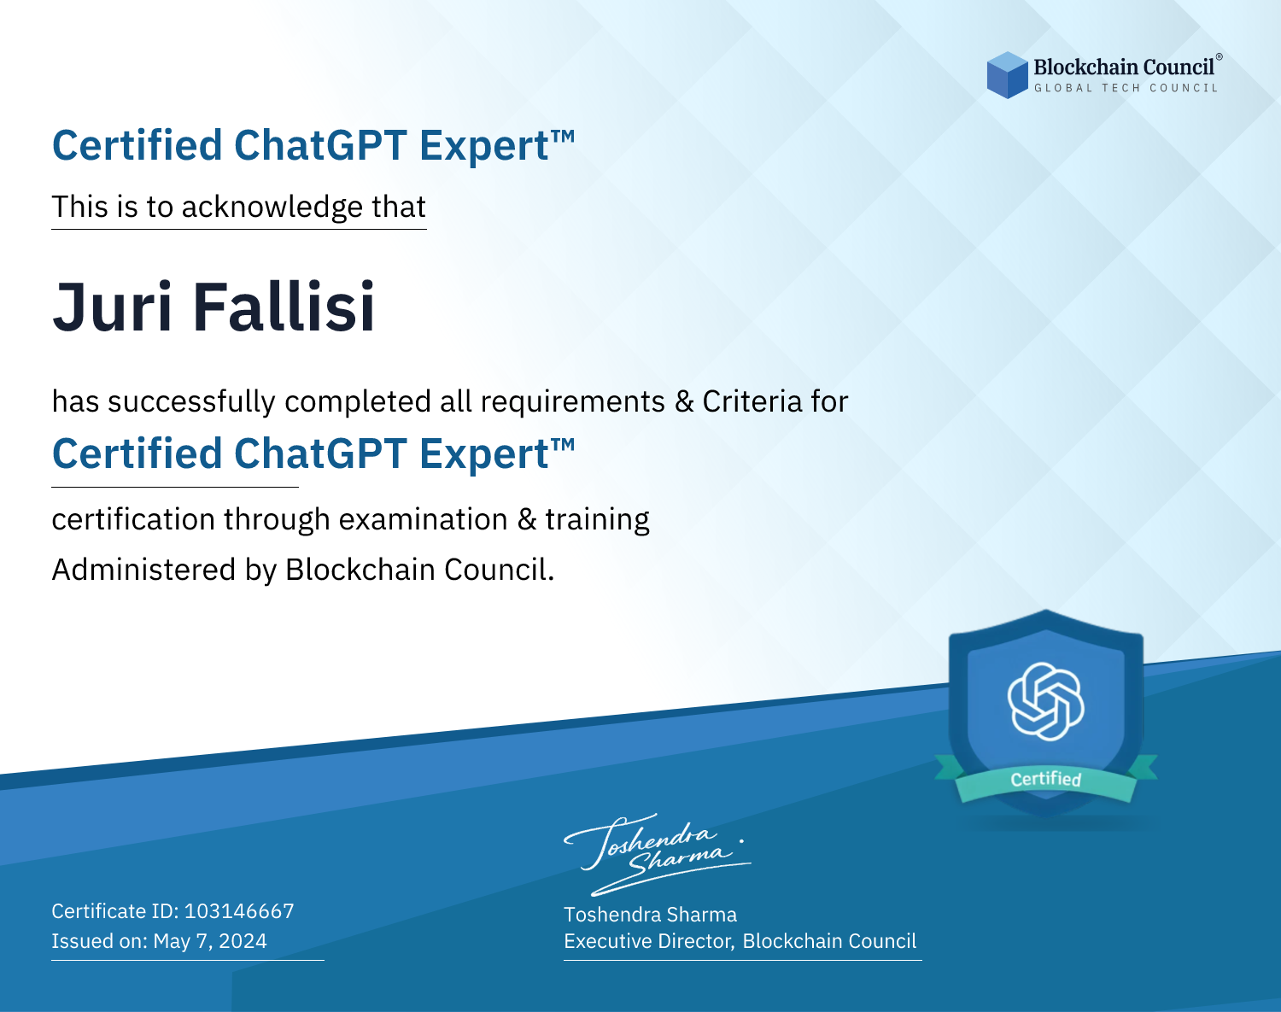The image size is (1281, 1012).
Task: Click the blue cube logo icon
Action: [1007, 75]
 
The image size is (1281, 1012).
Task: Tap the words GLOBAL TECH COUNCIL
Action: [1126, 88]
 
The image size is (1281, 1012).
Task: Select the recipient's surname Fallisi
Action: [284, 307]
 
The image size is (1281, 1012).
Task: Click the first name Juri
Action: [113, 307]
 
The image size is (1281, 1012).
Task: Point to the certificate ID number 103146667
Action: [239, 910]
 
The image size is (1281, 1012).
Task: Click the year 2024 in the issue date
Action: [243, 941]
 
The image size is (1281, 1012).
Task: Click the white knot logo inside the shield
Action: [1046, 701]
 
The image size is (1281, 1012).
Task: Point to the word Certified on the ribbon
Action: [1046, 779]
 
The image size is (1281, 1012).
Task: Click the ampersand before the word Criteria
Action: [684, 401]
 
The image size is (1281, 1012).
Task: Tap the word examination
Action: [424, 519]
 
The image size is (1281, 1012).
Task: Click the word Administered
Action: [144, 569]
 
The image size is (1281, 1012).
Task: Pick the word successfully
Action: [191, 402]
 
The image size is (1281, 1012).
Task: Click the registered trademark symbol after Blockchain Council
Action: [1220, 57]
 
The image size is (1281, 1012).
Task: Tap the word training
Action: [597, 520]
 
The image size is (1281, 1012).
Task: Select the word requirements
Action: [573, 402]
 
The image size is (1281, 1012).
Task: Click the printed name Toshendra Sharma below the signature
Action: [650, 915]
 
